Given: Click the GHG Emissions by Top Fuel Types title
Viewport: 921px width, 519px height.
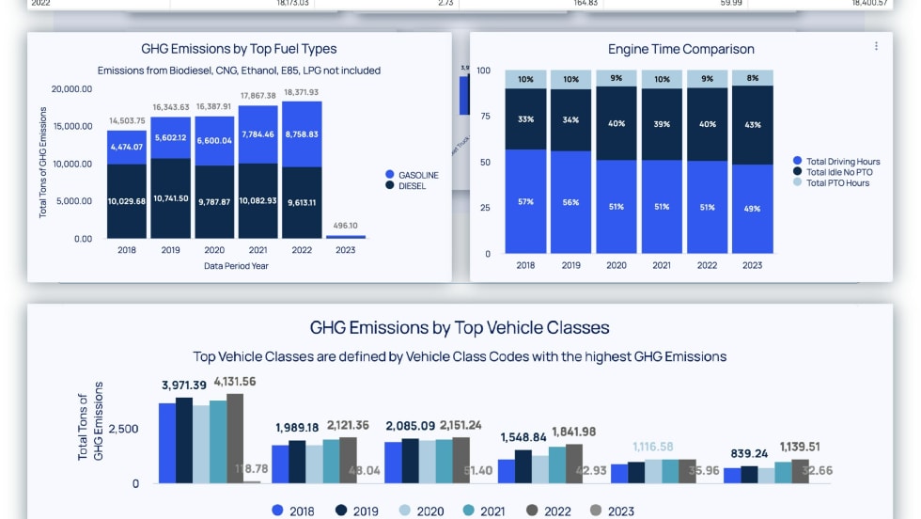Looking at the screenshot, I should [239, 49].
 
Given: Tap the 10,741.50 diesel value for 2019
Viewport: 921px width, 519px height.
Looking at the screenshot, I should [171, 198].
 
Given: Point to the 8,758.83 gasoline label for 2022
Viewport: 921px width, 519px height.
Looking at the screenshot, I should [302, 134].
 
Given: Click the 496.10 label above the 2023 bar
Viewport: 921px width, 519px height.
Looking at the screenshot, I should [346, 226].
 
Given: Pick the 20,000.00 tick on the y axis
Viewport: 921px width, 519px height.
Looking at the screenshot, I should [71, 89].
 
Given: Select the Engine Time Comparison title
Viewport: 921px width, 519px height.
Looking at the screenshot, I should [680, 49].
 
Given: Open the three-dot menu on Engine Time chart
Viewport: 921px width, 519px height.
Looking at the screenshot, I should [876, 46].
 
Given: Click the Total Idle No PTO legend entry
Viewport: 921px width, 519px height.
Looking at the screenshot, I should [837, 172].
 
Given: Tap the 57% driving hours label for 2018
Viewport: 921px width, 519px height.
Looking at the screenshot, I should [525, 201].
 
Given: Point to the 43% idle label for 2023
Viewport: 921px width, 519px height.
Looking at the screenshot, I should [753, 125].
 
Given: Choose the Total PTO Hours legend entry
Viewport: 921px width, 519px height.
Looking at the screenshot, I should [836, 182].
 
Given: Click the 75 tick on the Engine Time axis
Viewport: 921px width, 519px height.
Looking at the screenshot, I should [484, 117].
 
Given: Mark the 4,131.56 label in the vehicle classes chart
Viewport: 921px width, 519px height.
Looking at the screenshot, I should [235, 382].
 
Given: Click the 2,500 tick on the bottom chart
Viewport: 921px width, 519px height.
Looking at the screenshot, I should [123, 429].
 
